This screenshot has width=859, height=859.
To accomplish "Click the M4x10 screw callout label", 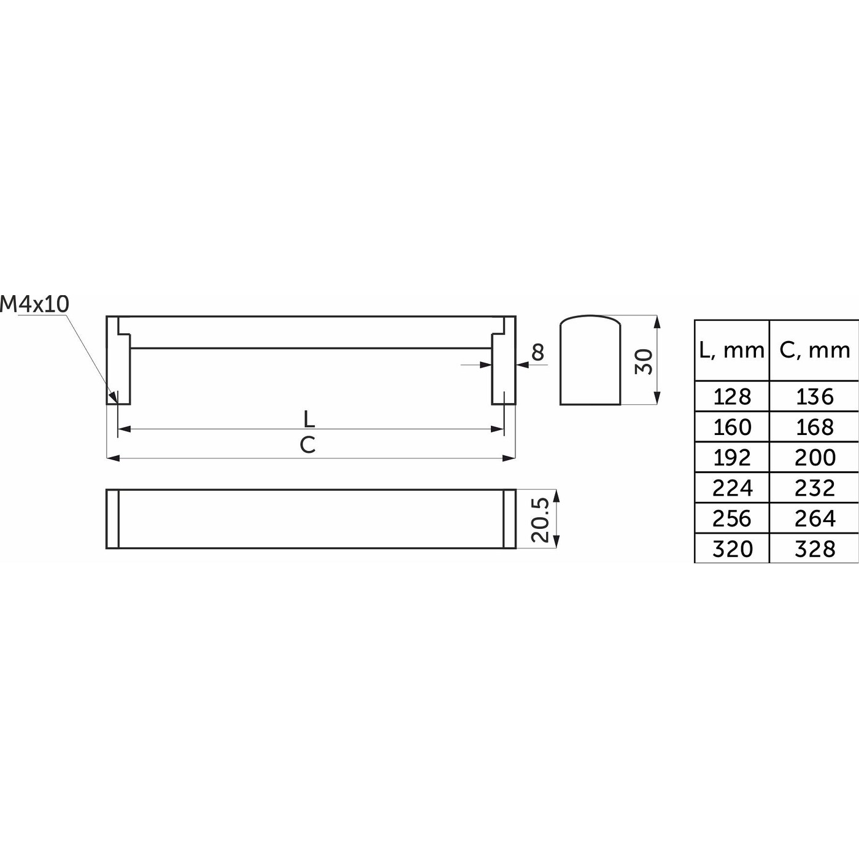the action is coord(35,304).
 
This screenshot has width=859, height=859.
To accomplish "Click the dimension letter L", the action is coord(309,418).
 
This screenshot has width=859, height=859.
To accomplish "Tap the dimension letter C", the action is coord(307,444).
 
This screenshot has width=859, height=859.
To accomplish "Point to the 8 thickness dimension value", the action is coord(538,352).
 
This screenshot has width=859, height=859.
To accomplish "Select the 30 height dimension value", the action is coord(644,361).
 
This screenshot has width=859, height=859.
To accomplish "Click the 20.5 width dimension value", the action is coord(541,520).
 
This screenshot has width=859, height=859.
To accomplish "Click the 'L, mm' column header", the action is coord(732,350).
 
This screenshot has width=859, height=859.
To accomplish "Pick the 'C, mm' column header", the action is coord(814,350).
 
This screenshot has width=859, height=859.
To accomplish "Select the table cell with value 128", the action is coord(732,396).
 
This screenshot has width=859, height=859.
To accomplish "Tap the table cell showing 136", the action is coord(814,396).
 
